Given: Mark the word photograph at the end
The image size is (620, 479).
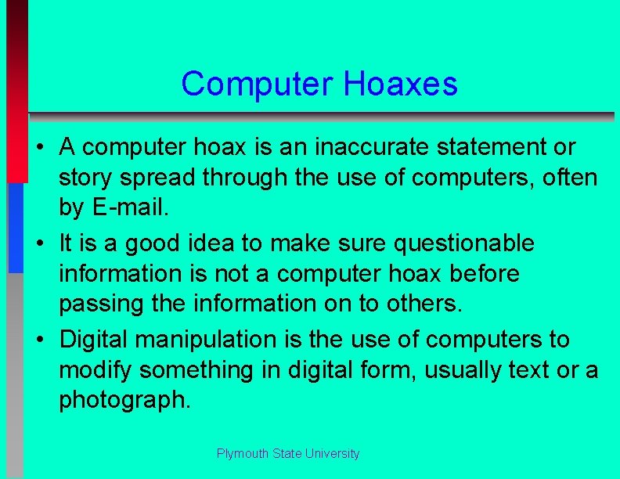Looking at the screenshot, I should tap(124, 400).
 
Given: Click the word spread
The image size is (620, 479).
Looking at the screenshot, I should tap(160, 178).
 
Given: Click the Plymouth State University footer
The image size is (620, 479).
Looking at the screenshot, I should tap(288, 454).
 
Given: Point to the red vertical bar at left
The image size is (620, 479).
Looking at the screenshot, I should tap(16, 94).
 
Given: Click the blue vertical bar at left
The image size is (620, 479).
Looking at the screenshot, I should tap(16, 227).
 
